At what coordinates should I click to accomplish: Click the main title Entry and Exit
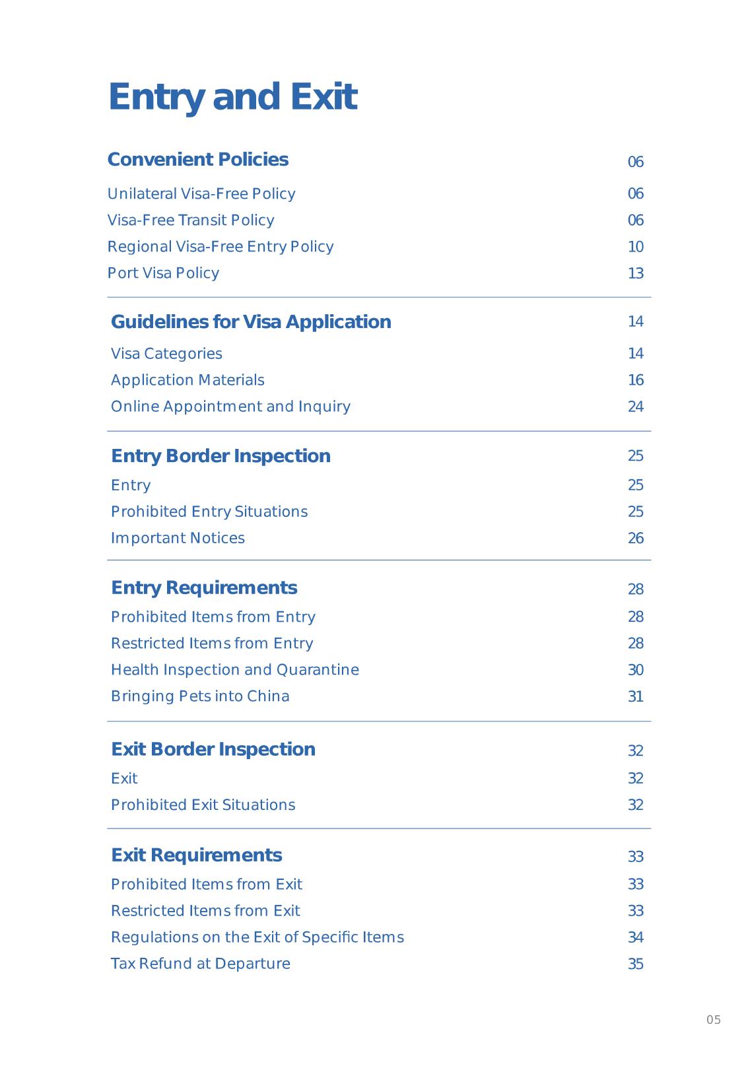point(232,96)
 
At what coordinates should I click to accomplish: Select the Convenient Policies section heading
point(197,160)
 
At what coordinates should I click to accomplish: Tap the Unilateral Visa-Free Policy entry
point(201,194)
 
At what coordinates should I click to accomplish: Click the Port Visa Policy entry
point(163,273)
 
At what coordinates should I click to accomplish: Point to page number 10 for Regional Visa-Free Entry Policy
point(635,247)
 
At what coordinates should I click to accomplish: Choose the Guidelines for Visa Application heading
point(251,322)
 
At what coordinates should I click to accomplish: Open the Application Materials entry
point(187,380)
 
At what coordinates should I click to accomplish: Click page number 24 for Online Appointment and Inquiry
point(635,407)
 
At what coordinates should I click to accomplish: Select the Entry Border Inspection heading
point(221,456)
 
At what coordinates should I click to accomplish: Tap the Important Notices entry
point(178,538)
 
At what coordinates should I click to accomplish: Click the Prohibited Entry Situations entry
point(209,512)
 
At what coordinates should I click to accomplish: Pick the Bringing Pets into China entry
point(200,696)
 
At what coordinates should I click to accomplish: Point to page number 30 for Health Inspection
point(635,670)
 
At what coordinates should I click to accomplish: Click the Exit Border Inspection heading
point(213,749)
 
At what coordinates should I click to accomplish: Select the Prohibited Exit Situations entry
point(203,805)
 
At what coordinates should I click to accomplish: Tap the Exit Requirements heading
point(196,856)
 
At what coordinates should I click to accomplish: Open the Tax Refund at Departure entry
point(200,964)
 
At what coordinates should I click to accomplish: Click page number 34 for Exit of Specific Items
point(635,937)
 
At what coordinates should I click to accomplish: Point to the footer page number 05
point(713,1020)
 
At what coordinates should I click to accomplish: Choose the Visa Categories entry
point(166,354)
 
